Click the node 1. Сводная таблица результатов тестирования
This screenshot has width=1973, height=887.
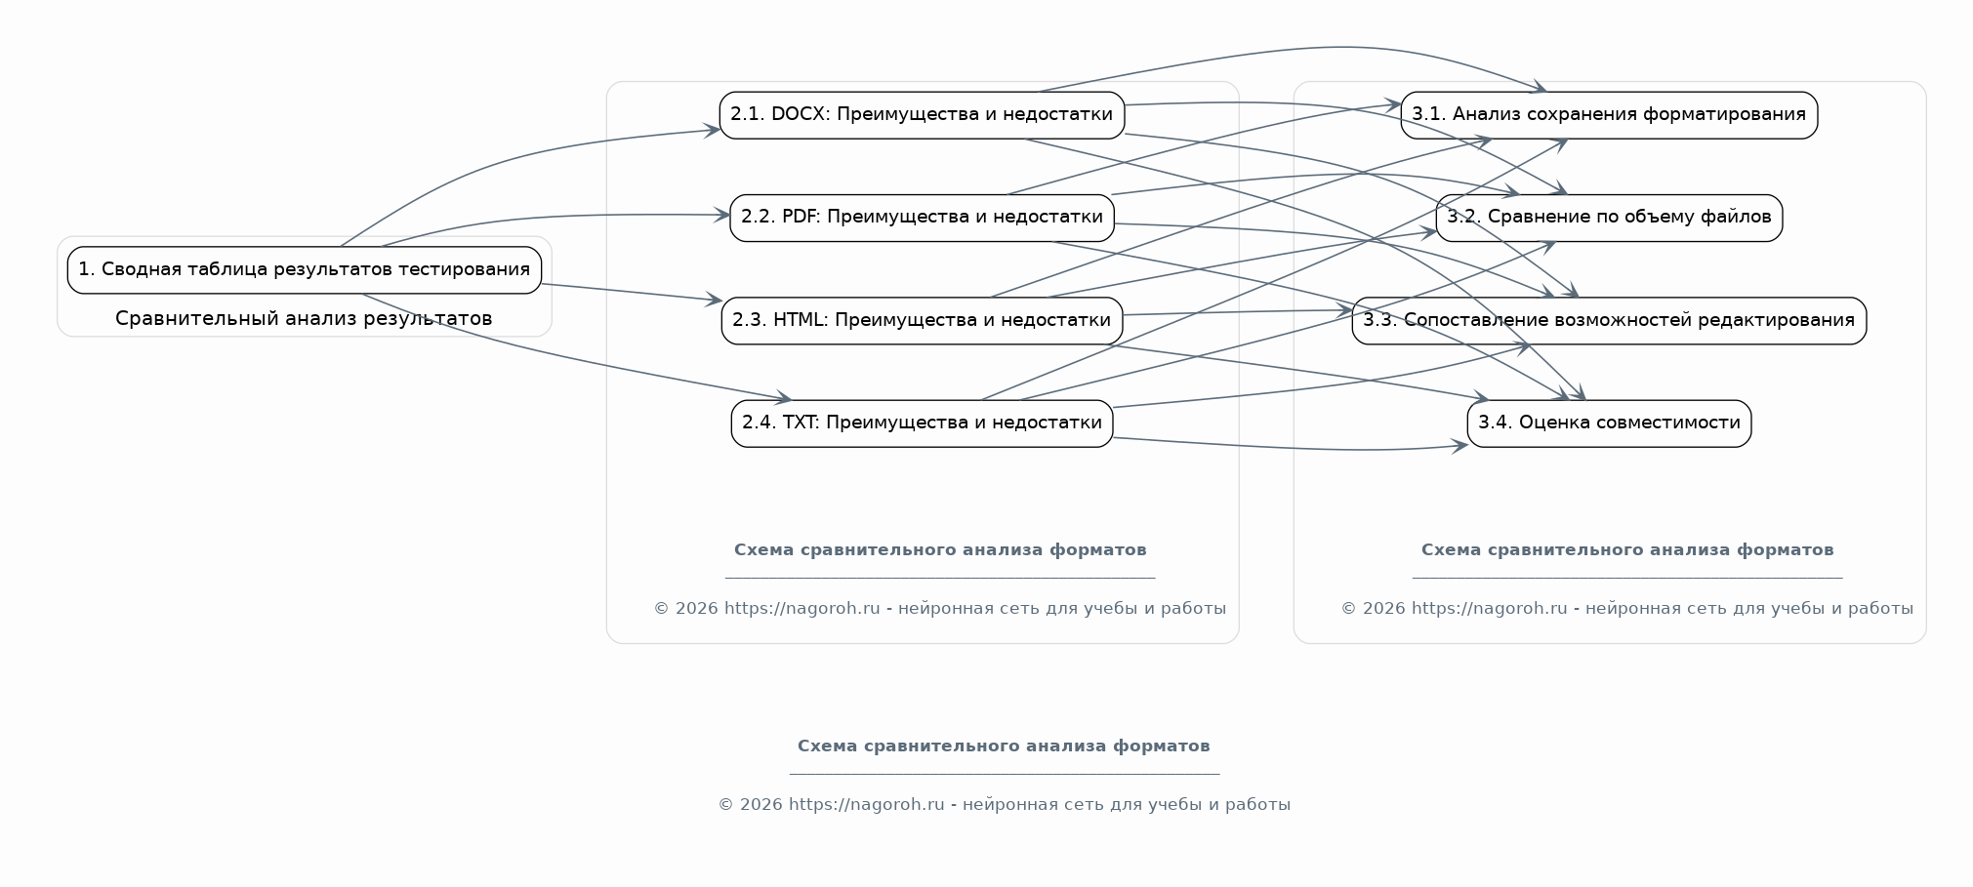(305, 270)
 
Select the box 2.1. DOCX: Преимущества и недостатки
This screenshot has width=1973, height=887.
(922, 115)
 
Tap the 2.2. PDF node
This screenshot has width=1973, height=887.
(922, 218)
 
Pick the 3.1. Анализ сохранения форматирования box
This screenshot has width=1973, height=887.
(1609, 115)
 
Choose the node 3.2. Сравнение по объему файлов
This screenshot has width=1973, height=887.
(1609, 218)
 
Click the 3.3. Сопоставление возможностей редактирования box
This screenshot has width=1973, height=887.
(1609, 320)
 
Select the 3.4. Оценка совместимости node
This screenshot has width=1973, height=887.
(1609, 423)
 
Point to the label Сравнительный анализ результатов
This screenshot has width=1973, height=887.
(304, 318)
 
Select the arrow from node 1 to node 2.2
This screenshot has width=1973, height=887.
(547, 218)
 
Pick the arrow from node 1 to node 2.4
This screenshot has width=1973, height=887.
(566, 357)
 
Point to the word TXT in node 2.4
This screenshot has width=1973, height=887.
(801, 423)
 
